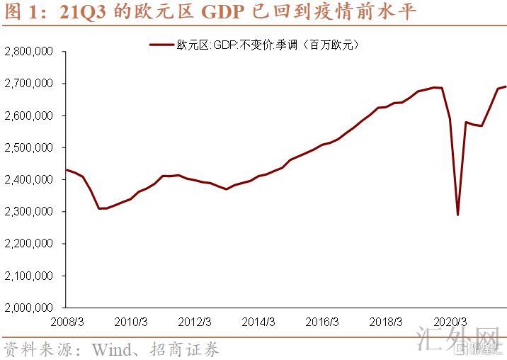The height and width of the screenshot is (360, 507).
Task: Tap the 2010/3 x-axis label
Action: (x=131, y=322)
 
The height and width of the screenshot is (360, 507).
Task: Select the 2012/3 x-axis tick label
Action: (x=195, y=322)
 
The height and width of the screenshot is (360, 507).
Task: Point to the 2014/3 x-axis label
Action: (x=258, y=322)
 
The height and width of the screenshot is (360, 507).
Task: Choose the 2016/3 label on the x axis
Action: (x=322, y=322)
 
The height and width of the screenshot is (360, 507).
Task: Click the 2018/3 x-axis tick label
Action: (x=386, y=322)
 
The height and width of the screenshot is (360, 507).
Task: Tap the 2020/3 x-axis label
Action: (x=450, y=322)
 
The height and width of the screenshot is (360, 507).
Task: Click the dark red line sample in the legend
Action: (x=164, y=45)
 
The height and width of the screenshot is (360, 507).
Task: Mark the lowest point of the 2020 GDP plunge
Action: (x=458, y=214)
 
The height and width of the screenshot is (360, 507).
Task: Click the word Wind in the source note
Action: (x=109, y=349)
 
